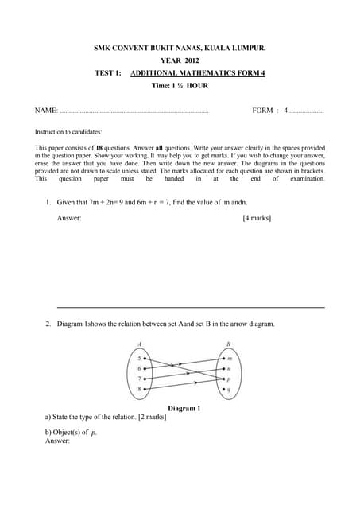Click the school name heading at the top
pos(180,49)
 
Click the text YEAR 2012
pos(180,60)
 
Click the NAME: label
pos(47,111)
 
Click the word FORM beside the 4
pos(262,111)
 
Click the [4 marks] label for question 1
pos(256,217)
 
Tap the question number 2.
pos(48,324)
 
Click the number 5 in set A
pos(139,359)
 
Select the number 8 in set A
pos(139,390)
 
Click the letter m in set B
pos(230,359)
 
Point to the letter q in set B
pos(230,390)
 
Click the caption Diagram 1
pos(184,408)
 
